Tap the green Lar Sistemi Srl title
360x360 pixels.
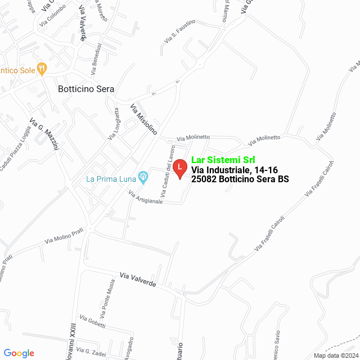point(223,160)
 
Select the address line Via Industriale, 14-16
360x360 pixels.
point(233,170)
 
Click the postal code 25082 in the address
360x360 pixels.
point(205,179)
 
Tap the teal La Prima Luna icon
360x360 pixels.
point(143,178)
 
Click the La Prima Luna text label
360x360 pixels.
point(111,179)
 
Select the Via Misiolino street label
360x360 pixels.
point(143,118)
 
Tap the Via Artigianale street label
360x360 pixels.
point(146,197)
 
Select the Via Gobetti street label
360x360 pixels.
point(92,321)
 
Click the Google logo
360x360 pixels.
point(19,353)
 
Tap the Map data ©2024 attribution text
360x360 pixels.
point(335,355)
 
